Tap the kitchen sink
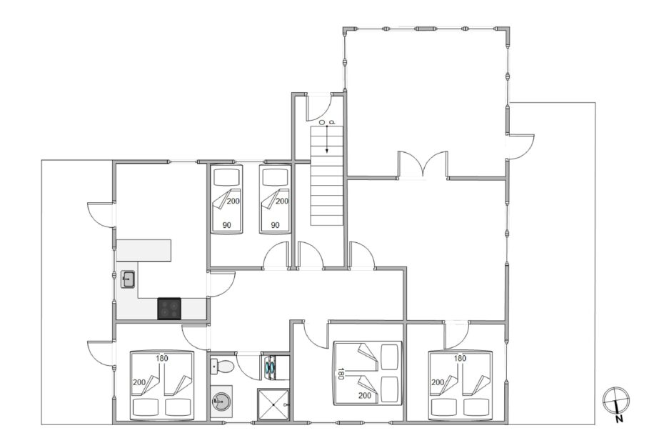[128, 279]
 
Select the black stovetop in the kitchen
[169, 309]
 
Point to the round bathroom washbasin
[221, 399]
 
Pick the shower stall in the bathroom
[273, 405]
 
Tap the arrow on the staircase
[327, 139]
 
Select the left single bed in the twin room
[227, 199]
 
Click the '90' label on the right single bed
[276, 225]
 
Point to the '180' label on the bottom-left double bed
[162, 358]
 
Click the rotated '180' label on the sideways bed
[341, 373]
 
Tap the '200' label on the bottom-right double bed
[438, 382]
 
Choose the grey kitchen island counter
[144, 251]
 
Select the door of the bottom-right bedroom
[456, 335]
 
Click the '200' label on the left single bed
[233, 201]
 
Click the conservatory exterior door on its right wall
[521, 146]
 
